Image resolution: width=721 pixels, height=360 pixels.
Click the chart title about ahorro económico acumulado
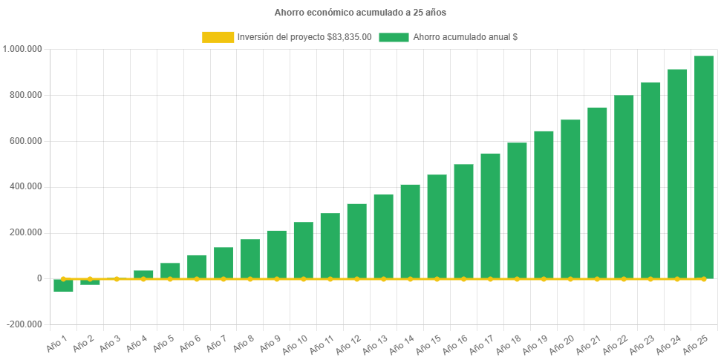coord(360,13)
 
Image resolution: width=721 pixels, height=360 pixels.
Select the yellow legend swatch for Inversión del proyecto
coord(217,37)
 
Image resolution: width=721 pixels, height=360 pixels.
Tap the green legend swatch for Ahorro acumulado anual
coord(394,37)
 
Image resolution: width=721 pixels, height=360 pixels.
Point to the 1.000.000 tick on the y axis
coord(23,49)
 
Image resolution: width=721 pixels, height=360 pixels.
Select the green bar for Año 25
coord(704,167)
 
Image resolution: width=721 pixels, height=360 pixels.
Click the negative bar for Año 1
coord(63,286)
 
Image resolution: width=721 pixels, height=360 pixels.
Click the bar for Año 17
coord(490,215)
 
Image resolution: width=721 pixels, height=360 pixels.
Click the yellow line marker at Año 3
coord(117,279)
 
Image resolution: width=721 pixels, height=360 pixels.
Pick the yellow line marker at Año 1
coord(63,279)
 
